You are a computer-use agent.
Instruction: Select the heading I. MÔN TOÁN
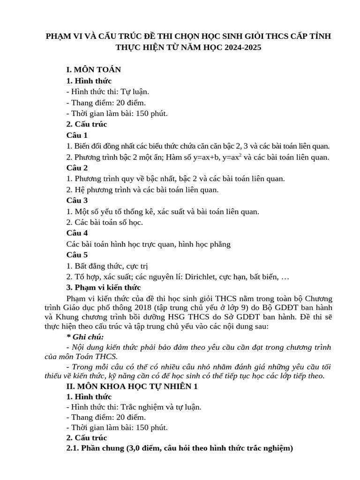[94, 69]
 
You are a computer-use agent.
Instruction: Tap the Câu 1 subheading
[77, 135]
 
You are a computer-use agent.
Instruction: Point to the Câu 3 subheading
[77, 200]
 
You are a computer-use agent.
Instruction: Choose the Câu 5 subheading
[77, 255]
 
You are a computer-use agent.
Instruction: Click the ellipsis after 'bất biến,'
[285, 277]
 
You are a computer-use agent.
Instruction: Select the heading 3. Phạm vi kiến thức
[104, 287]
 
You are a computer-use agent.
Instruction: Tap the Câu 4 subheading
[77, 233]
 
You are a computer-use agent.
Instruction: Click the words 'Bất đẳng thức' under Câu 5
[98, 266]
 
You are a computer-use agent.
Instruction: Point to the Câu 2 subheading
[77, 168]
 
